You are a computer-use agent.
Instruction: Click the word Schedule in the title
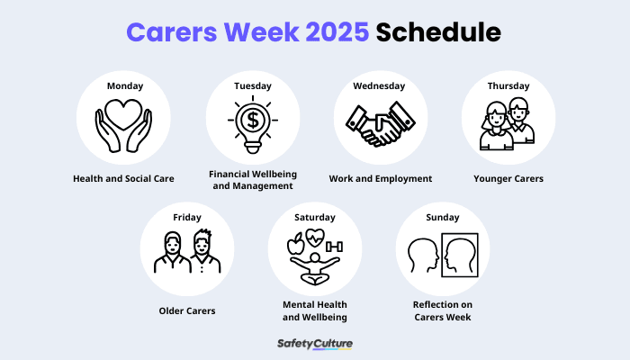click(x=438, y=33)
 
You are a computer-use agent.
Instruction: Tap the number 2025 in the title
click(x=328, y=33)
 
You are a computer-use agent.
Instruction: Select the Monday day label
click(x=124, y=86)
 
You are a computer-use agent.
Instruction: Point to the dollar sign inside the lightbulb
click(x=252, y=120)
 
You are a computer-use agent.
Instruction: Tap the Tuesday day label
click(x=252, y=86)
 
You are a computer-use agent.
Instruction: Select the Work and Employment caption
click(x=380, y=178)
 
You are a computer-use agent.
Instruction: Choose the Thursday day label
click(x=508, y=86)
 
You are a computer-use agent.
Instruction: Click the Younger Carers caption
click(x=508, y=178)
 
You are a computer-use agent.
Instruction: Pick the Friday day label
click(x=187, y=217)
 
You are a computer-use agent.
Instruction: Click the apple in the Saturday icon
click(x=294, y=243)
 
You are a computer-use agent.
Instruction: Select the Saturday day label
click(x=315, y=217)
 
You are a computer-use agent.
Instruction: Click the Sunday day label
click(x=443, y=217)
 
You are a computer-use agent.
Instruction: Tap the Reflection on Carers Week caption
click(x=443, y=310)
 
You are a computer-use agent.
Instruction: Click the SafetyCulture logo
click(x=315, y=344)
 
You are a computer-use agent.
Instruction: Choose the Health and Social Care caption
click(x=124, y=178)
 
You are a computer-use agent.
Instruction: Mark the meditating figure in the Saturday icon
click(x=315, y=263)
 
